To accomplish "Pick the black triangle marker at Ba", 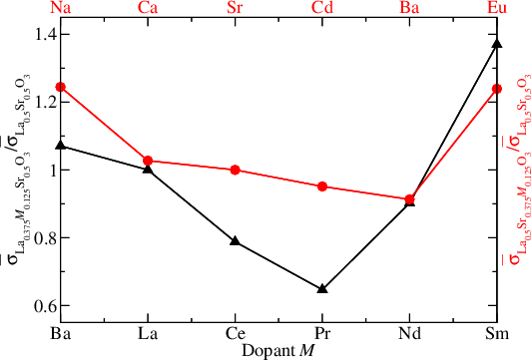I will [x=60, y=146].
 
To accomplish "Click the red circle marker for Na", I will [x=60, y=87].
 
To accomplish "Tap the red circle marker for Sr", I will [x=235, y=170].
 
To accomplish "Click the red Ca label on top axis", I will [x=148, y=8].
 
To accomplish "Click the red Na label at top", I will [x=60, y=8].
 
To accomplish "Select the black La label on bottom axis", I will [x=148, y=332].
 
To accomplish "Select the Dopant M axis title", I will [x=278, y=349].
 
